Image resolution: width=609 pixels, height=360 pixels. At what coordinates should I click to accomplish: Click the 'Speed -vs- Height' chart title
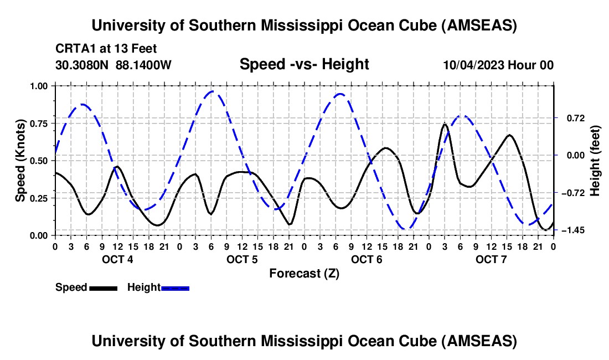pos(304,65)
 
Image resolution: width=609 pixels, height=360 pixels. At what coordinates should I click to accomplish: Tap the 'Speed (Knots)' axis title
pos(20,161)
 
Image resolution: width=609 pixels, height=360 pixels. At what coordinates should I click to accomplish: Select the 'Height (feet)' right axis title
pos(595,161)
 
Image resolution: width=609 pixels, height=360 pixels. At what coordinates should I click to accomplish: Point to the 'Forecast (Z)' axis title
pos(304,273)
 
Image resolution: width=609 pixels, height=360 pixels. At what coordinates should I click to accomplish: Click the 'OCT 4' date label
pos(117,259)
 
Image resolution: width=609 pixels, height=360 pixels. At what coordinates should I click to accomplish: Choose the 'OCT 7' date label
pos(491,259)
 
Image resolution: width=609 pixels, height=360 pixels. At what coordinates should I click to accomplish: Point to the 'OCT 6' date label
pos(366,259)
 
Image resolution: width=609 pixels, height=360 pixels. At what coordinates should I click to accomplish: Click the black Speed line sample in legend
pos(103,287)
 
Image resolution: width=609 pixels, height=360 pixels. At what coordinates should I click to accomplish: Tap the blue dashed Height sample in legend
pos(176,287)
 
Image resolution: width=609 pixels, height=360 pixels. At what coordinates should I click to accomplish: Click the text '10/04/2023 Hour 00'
pos(498,65)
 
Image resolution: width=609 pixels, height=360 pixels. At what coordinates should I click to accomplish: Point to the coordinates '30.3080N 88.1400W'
pos(113,65)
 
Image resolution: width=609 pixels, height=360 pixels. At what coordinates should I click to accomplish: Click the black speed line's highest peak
pos(445,124)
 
